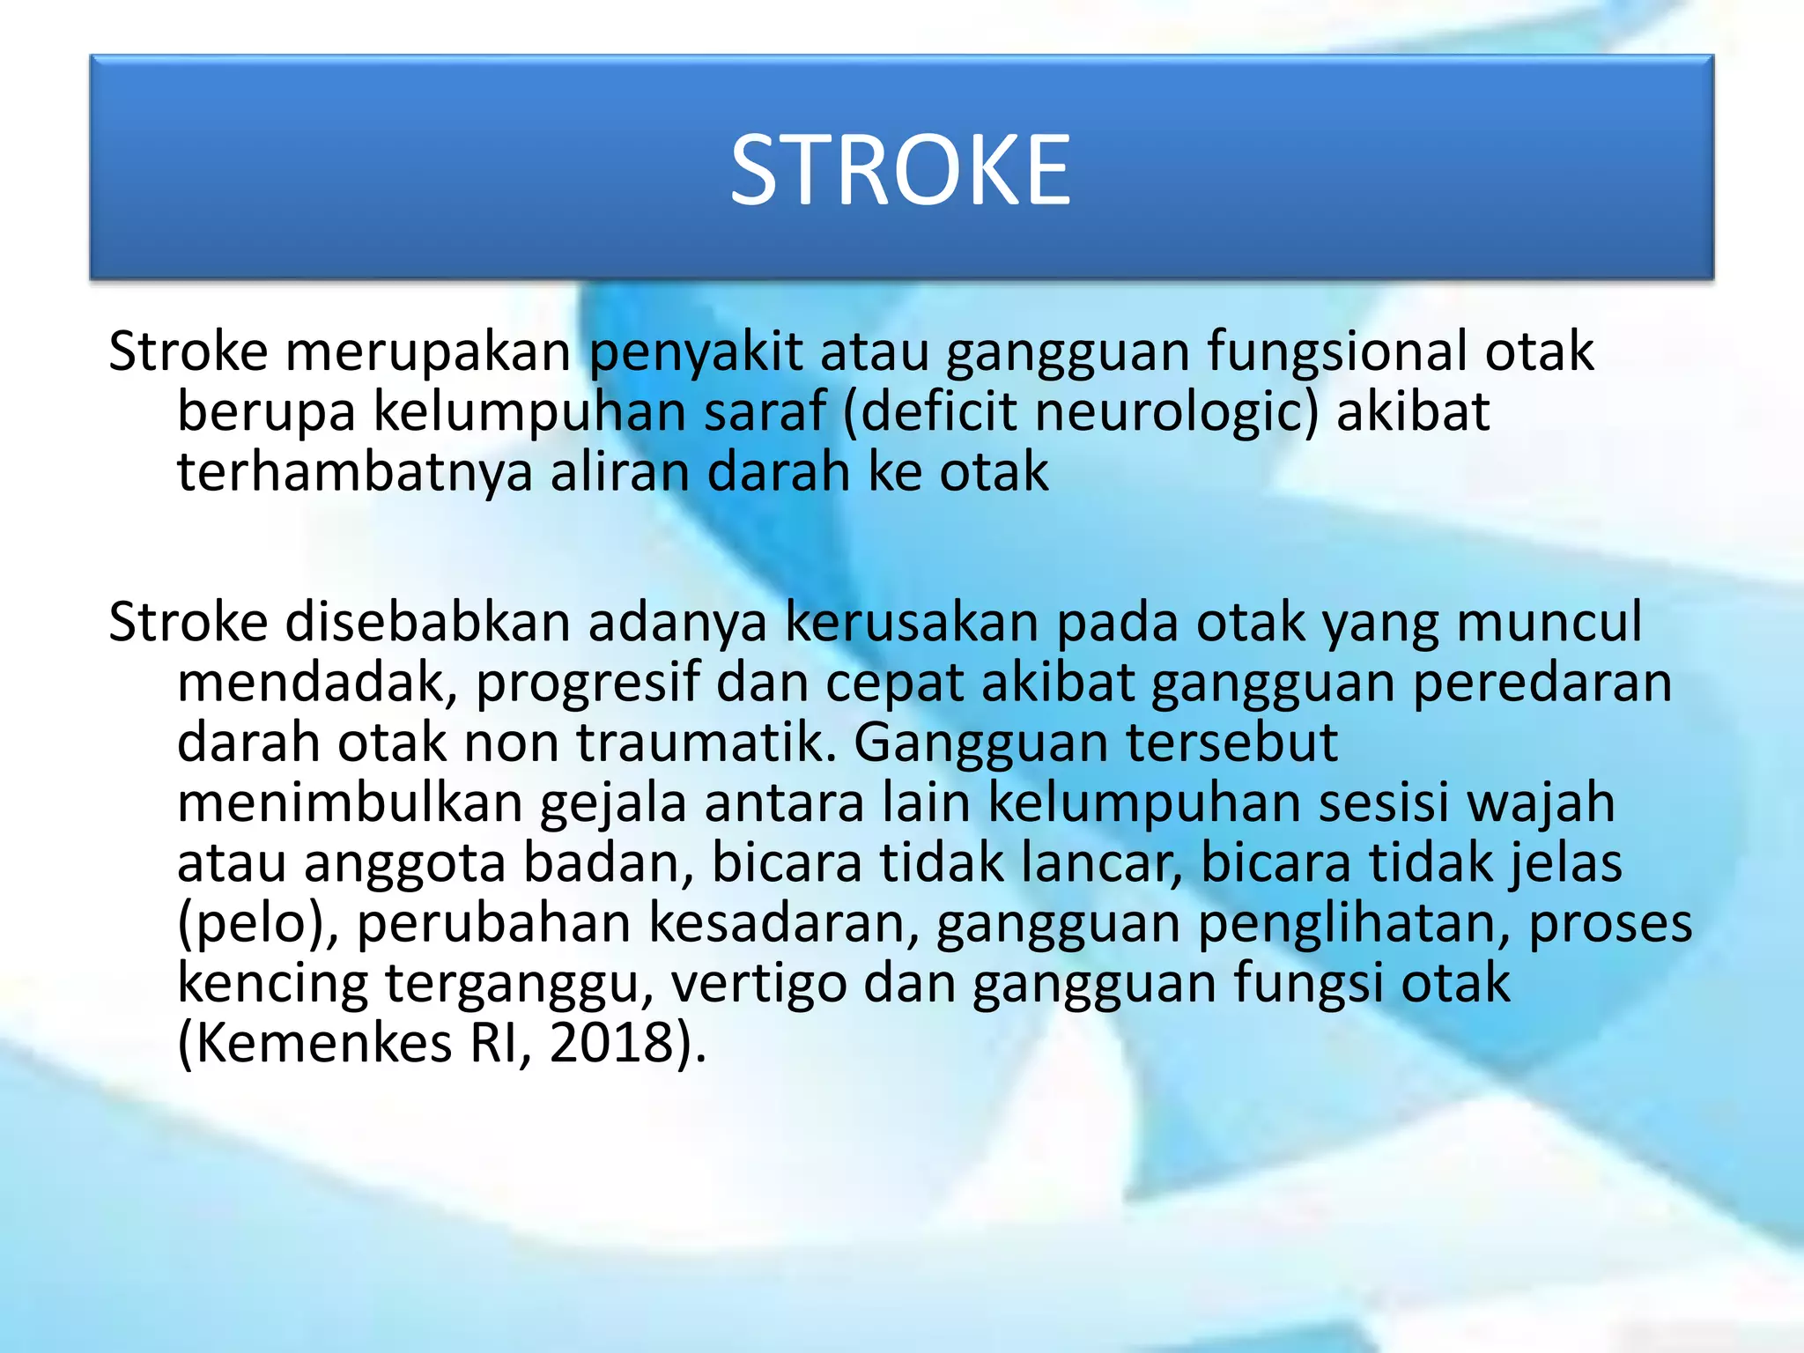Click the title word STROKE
(x=900, y=170)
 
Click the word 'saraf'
(x=765, y=412)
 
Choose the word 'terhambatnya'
(x=355, y=472)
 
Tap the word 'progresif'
(x=588, y=683)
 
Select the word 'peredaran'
(x=1542, y=683)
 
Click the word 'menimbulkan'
(x=350, y=802)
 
